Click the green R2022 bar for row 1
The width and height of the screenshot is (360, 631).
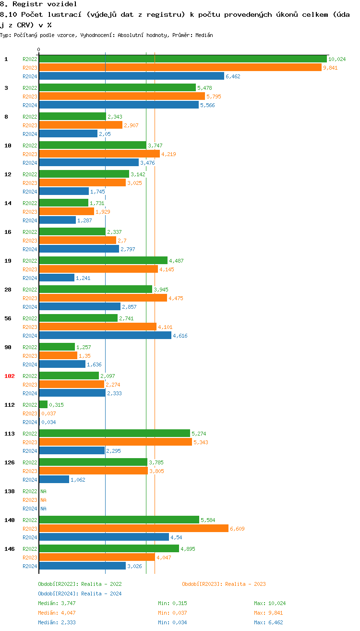[x=182, y=59]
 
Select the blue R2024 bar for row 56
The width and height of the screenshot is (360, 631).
[x=105, y=336]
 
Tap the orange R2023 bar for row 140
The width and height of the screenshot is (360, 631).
[x=133, y=529]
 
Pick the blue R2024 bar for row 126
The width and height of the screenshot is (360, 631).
[x=54, y=480]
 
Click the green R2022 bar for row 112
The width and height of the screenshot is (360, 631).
[x=43, y=405]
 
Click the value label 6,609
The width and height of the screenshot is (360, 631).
[x=237, y=529]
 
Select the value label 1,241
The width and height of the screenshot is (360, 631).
[x=83, y=278]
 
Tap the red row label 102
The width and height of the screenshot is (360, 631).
[x=10, y=376]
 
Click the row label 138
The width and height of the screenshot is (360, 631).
[x=10, y=491]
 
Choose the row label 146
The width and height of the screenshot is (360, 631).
[x=10, y=549]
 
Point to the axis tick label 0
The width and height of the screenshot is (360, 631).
[x=39, y=49]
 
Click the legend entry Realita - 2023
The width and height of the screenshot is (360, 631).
[x=224, y=584]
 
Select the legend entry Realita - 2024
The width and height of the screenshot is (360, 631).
[x=80, y=594]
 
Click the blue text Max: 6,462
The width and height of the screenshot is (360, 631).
[x=268, y=622]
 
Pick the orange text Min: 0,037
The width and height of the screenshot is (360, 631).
[x=172, y=613]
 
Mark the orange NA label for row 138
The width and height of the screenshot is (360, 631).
[x=43, y=500]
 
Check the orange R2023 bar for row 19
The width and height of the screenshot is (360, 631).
[x=98, y=269]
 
